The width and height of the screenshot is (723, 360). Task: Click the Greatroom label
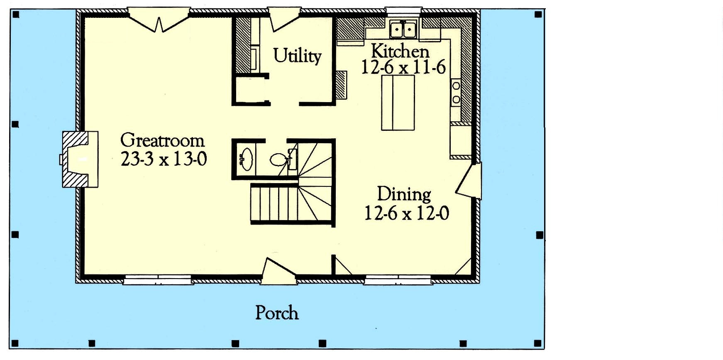(162, 140)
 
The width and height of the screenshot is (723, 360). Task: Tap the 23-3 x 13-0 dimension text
(164, 159)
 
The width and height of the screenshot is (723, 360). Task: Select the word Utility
(297, 56)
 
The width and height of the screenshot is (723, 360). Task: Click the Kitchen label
(400, 51)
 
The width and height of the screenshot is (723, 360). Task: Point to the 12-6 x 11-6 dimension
(403, 67)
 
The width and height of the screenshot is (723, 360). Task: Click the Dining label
(404, 194)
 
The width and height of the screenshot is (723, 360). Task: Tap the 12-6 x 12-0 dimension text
(407, 213)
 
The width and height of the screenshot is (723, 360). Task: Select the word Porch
(277, 313)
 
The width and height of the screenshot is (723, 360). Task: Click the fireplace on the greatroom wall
(80, 159)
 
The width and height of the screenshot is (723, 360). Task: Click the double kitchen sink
(403, 29)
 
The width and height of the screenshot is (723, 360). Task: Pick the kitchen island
(398, 103)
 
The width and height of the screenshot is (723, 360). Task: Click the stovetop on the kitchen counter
(456, 93)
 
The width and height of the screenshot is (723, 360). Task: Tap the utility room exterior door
(284, 19)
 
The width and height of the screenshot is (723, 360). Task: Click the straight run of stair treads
(274, 204)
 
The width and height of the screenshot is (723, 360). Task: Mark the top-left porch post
(16, 15)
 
